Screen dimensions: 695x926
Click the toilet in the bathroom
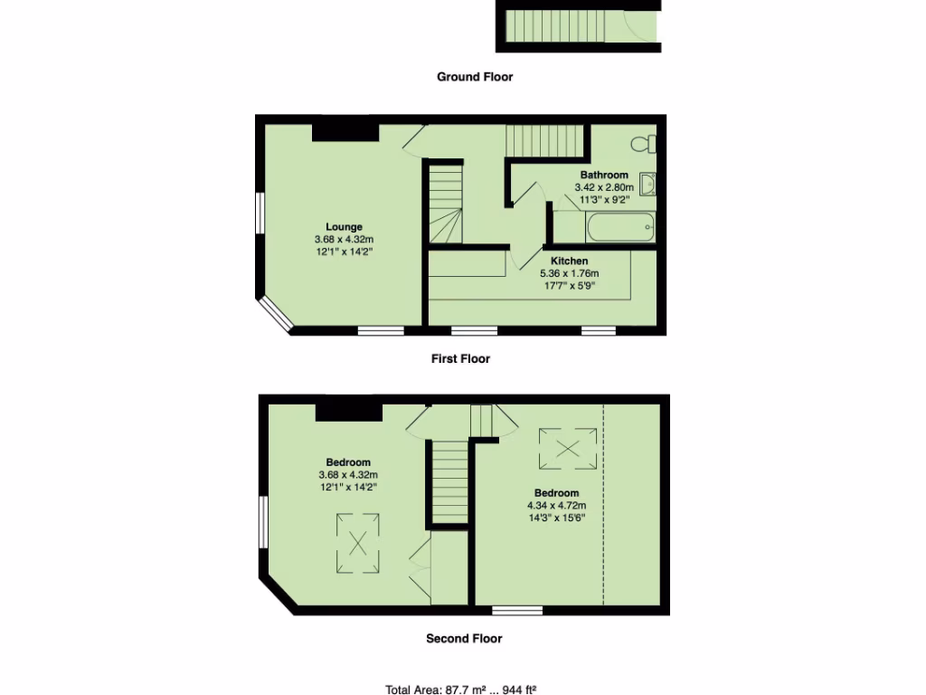(646, 143)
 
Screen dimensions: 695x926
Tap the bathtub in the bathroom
(619, 228)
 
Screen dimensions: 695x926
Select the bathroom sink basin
(648, 185)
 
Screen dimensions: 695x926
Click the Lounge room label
(344, 227)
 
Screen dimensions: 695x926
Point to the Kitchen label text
(569, 261)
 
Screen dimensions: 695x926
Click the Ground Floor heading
(475, 77)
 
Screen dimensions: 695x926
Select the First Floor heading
(460, 358)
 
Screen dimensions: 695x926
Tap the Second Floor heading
(464, 638)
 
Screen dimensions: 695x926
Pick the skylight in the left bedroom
(358, 544)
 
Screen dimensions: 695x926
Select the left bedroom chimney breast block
(348, 412)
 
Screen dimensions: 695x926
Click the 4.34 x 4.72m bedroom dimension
(557, 505)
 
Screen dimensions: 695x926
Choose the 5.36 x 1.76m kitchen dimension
(569, 273)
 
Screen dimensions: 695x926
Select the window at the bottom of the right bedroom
(517, 610)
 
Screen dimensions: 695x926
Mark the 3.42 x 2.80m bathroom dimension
(604, 187)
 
